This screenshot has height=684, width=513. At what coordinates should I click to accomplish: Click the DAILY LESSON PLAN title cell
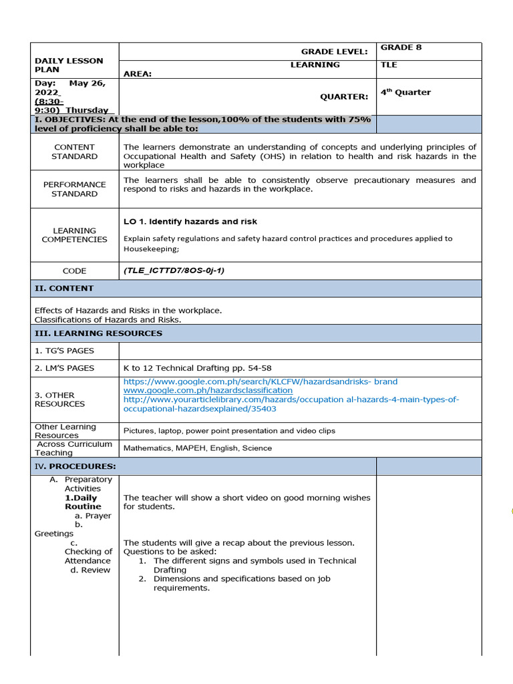(x=69, y=65)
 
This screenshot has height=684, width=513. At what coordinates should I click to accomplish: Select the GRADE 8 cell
(x=401, y=47)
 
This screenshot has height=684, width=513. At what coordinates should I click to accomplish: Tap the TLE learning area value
(x=389, y=65)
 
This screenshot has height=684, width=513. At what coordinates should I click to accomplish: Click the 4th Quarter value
(x=405, y=92)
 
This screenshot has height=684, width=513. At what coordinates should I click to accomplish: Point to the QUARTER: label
(x=343, y=96)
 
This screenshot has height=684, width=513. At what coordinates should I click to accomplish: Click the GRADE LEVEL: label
(x=334, y=51)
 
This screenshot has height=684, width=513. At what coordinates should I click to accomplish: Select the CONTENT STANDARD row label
(x=74, y=152)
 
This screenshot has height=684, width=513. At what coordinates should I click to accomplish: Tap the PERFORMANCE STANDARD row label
(x=74, y=189)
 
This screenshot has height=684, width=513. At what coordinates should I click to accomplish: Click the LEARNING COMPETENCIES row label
(x=74, y=235)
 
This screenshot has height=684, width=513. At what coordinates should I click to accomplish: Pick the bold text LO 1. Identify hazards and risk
(x=190, y=222)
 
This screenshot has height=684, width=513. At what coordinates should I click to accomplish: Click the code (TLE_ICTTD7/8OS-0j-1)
(x=174, y=271)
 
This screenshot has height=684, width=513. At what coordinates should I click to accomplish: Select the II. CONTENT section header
(x=64, y=289)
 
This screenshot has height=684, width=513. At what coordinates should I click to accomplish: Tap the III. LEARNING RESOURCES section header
(x=98, y=333)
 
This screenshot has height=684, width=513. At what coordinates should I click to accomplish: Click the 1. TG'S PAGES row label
(x=64, y=351)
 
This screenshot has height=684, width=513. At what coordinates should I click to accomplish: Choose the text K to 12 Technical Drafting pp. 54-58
(x=197, y=368)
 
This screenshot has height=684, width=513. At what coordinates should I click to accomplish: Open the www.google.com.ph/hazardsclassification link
(x=208, y=390)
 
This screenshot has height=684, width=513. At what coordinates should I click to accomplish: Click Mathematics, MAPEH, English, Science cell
(x=198, y=448)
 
